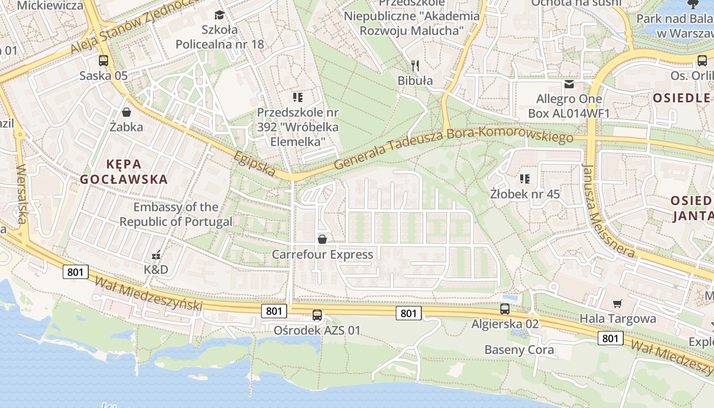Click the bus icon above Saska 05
pos(104,61)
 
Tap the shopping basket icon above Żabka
pos(126,112)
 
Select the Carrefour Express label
pos(322,254)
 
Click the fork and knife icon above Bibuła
pos(415,65)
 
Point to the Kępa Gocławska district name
pos(124,172)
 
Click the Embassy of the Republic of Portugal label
pos(176,215)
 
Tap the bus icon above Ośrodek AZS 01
pos(317,315)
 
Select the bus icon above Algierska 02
pos(505,309)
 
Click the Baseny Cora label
pos(519,350)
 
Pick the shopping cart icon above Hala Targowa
pos(618,304)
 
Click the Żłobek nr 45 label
pos(525,194)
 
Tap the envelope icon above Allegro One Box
pos(569,84)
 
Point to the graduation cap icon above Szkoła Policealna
pos(220,15)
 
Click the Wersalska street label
pos(21,194)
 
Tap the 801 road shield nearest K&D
pos(75,272)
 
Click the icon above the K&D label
pos(156,254)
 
